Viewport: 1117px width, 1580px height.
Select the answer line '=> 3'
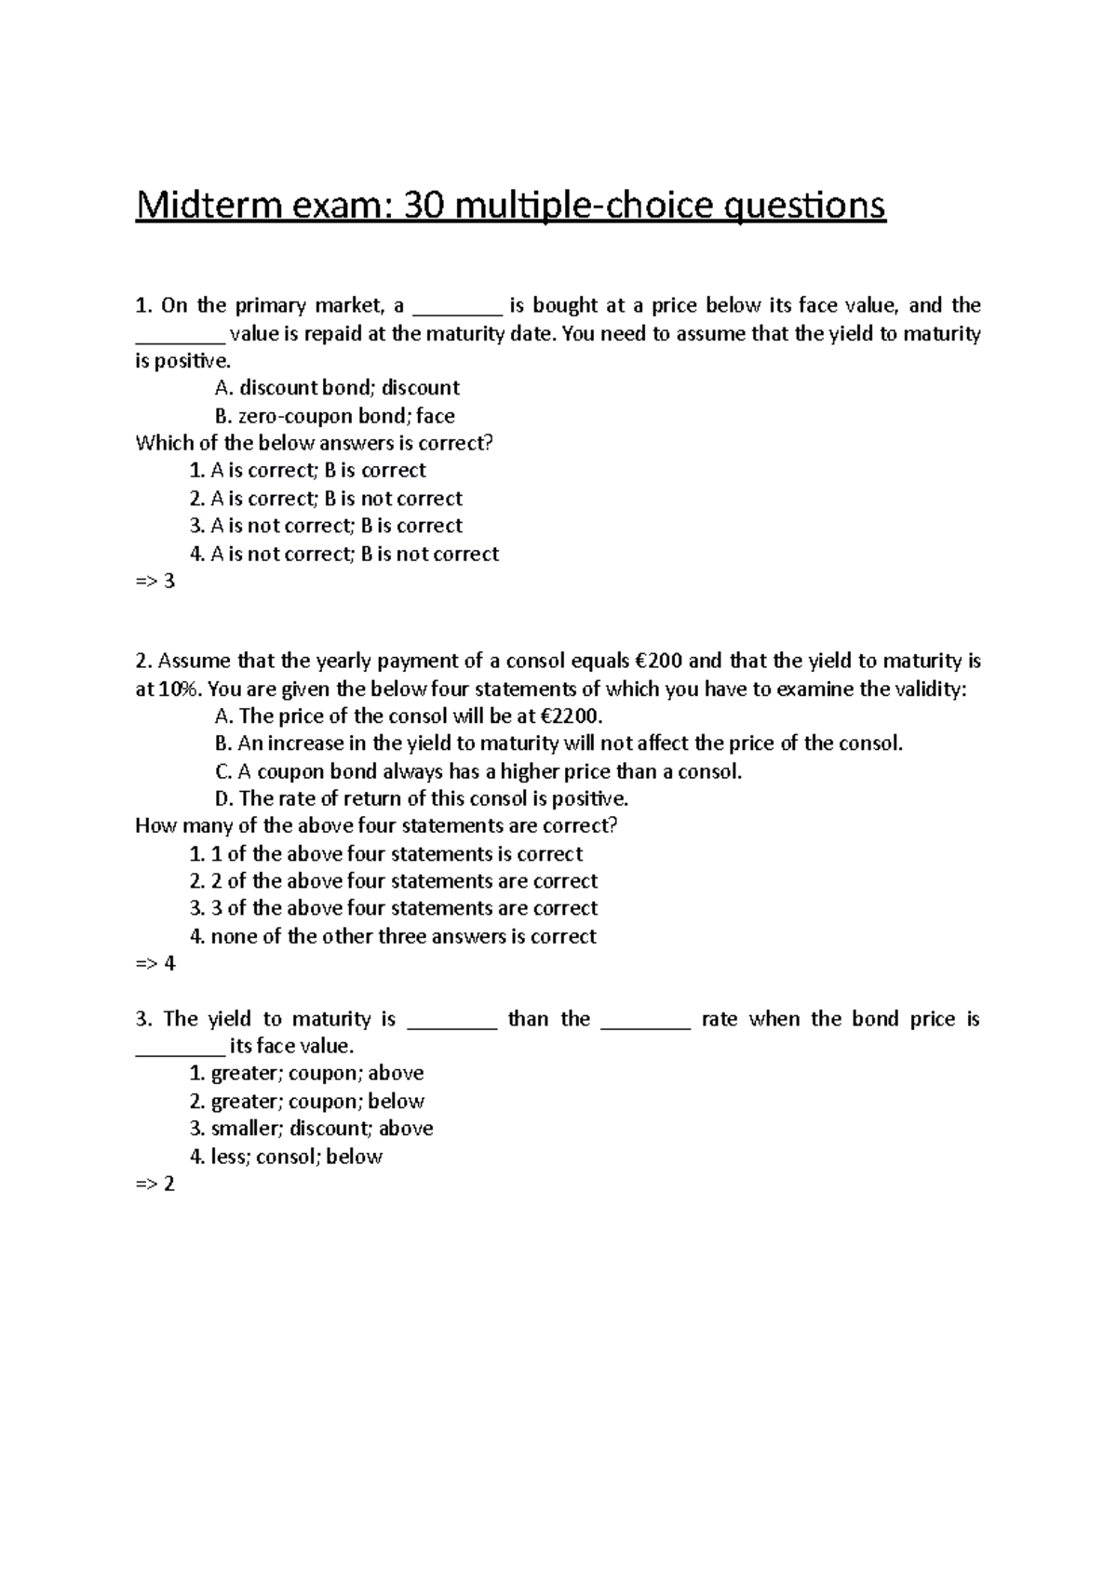(155, 582)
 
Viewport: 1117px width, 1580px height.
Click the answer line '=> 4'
(155, 963)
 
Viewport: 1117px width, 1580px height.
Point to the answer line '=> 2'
(155, 1184)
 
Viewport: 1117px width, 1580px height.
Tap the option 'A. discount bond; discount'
(337, 388)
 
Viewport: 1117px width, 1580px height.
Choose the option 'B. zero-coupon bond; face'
(334, 416)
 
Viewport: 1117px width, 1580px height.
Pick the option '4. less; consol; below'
(286, 1157)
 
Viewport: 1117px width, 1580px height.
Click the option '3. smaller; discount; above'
(311, 1129)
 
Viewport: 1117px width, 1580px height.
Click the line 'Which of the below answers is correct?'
(314, 443)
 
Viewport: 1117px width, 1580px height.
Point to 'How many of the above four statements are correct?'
(376, 826)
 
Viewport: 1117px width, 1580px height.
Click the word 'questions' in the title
(805, 205)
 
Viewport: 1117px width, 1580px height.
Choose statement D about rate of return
(422, 798)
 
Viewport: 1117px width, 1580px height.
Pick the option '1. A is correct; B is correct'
(307, 471)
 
